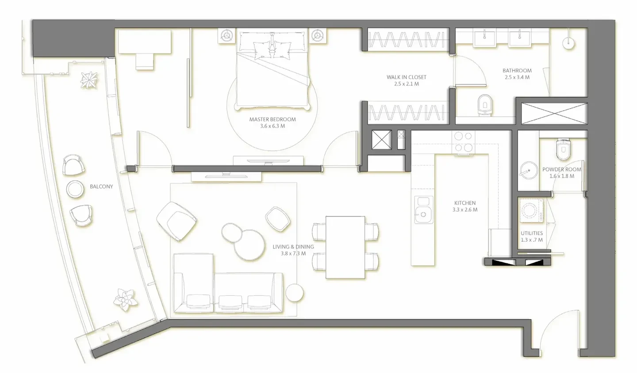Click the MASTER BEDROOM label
click(272, 119)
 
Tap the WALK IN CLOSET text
click(407, 77)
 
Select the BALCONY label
click(101, 186)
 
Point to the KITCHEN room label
click(465, 203)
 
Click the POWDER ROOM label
click(562, 169)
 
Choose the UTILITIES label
click(532, 233)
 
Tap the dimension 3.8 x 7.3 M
click(293, 253)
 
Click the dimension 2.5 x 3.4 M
click(517, 77)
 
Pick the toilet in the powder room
click(563, 148)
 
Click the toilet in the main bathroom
click(485, 105)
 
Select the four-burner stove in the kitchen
click(463, 142)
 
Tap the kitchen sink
click(423, 209)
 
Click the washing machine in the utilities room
click(531, 210)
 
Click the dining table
click(345, 247)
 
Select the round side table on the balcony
click(75, 189)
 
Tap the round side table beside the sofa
click(294, 292)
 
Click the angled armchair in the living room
click(177, 221)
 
